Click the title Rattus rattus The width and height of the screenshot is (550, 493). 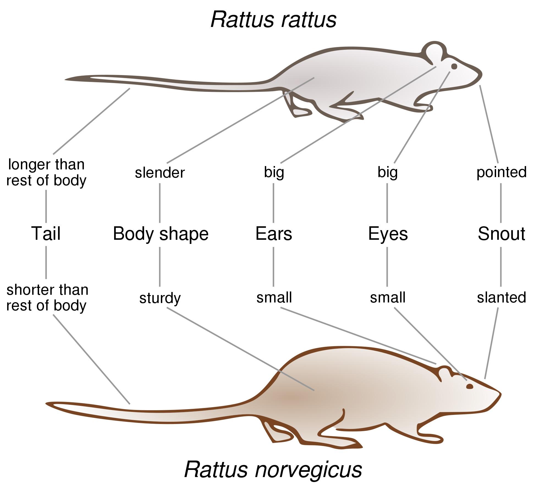(x=273, y=20)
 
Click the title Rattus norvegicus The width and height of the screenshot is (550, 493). (x=273, y=469)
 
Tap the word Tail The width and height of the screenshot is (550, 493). (x=46, y=233)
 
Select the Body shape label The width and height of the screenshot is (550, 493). (x=161, y=234)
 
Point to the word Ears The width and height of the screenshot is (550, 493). (x=274, y=234)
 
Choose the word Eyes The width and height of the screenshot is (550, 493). (x=388, y=234)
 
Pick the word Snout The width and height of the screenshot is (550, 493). (x=501, y=234)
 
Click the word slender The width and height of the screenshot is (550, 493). (x=160, y=173)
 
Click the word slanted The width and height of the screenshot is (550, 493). (x=501, y=298)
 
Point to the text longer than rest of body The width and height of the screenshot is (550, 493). (x=46, y=172)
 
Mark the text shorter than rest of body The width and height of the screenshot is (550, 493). (x=47, y=298)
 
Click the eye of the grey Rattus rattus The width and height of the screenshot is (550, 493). (x=454, y=67)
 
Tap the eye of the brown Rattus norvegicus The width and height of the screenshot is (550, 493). (x=469, y=387)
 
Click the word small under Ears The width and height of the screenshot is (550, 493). (x=274, y=298)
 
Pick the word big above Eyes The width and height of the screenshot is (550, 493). (x=387, y=173)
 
